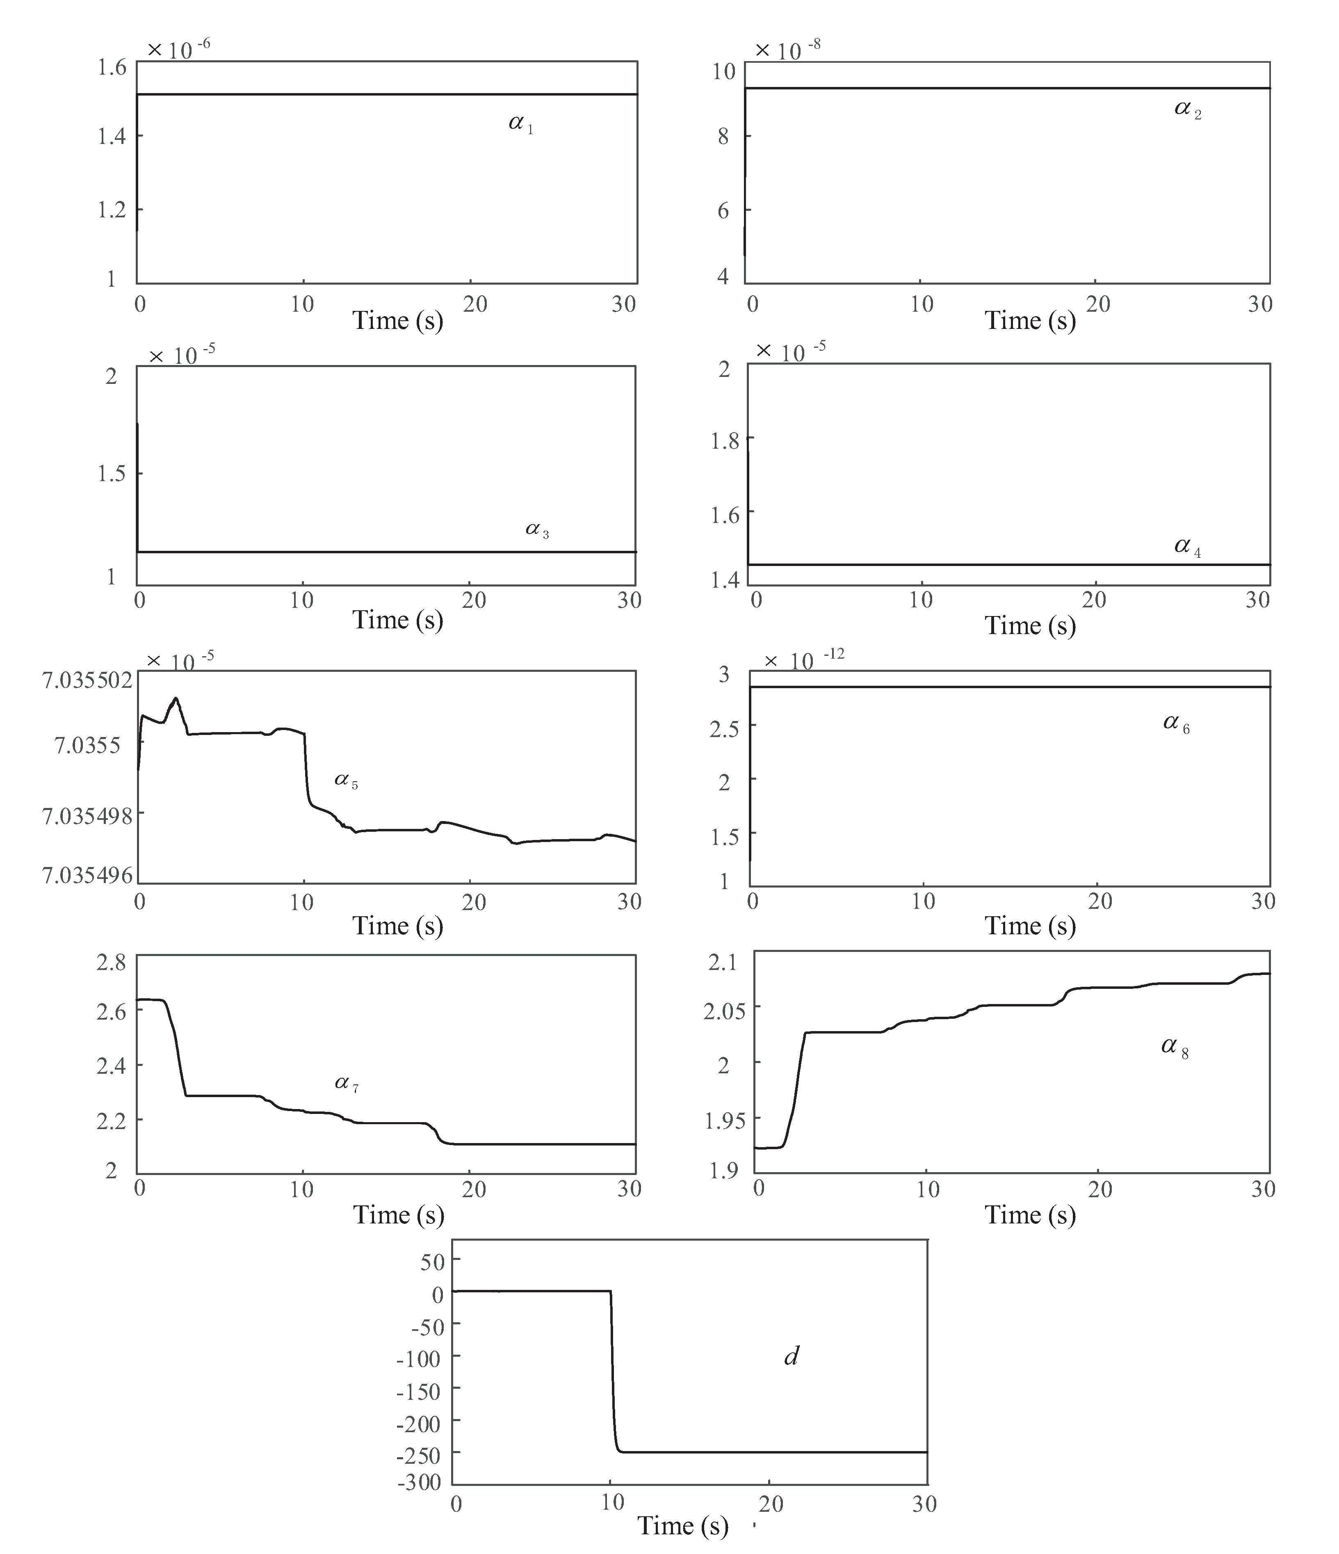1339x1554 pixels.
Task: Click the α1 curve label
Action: [x=520, y=124]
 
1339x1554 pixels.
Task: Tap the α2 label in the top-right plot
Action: [x=1187, y=110]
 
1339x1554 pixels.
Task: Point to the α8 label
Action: [x=1174, y=1047]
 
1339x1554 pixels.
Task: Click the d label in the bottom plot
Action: [x=791, y=1356]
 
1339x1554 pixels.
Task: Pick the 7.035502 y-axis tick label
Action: [x=87, y=680]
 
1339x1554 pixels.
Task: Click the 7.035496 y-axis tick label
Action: [x=87, y=874]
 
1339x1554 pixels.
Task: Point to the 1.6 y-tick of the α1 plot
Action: [x=112, y=68]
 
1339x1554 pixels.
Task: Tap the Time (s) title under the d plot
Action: [x=683, y=1526]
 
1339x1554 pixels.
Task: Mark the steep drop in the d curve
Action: [x=613, y=1372]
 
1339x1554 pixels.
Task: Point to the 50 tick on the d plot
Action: [x=432, y=1262]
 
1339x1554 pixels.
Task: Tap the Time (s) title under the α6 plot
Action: [x=1030, y=926]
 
